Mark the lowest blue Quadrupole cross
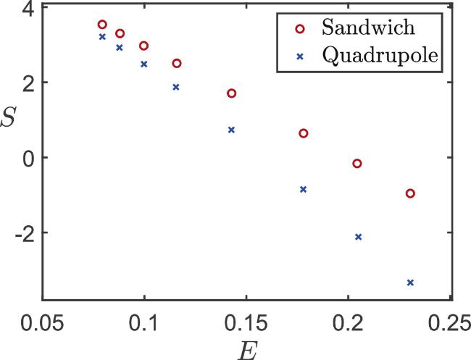pyautogui.click(x=411, y=282)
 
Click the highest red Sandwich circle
pyautogui.click(x=102, y=25)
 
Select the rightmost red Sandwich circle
pyautogui.click(x=410, y=193)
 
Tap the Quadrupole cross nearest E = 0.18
pyautogui.click(x=304, y=189)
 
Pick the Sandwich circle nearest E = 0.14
pyautogui.click(x=232, y=93)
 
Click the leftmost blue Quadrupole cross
pyautogui.click(x=102, y=36)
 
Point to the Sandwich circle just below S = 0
pyautogui.click(x=357, y=164)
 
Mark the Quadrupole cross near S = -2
pyautogui.click(x=358, y=237)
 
